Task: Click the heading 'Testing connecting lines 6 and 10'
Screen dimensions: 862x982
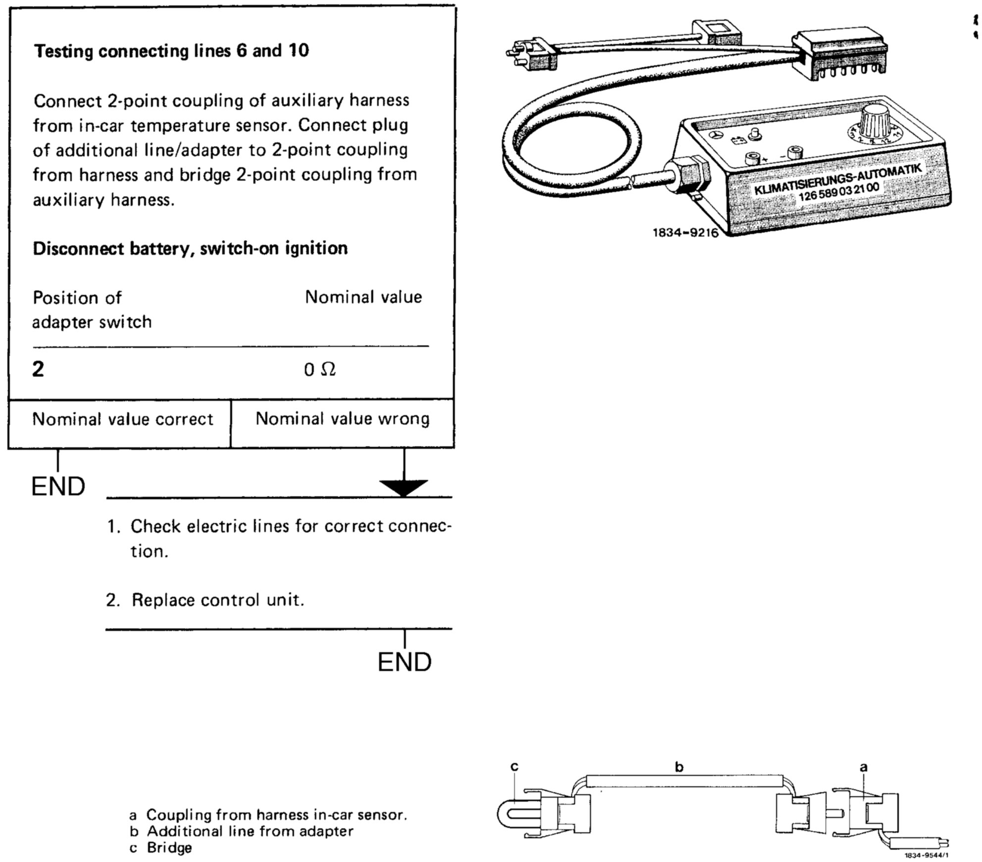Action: click(x=171, y=51)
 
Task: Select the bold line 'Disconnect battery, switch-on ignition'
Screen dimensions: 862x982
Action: click(x=190, y=248)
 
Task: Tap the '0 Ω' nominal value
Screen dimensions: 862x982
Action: click(x=320, y=370)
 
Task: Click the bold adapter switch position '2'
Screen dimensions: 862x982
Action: click(x=38, y=370)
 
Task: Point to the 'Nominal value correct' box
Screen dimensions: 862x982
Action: click(x=122, y=420)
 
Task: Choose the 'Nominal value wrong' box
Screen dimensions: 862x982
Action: click(x=342, y=419)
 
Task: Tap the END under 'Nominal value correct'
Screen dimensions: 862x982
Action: click(x=58, y=487)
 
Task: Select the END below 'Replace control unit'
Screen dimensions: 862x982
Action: click(x=404, y=662)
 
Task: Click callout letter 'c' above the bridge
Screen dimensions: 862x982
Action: click(x=514, y=766)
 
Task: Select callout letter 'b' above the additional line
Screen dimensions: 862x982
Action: click(x=679, y=767)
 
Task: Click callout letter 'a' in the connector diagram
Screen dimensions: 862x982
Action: click(x=864, y=767)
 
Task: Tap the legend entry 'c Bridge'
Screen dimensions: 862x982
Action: click(x=161, y=848)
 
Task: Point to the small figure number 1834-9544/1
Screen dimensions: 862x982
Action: click(x=926, y=855)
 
